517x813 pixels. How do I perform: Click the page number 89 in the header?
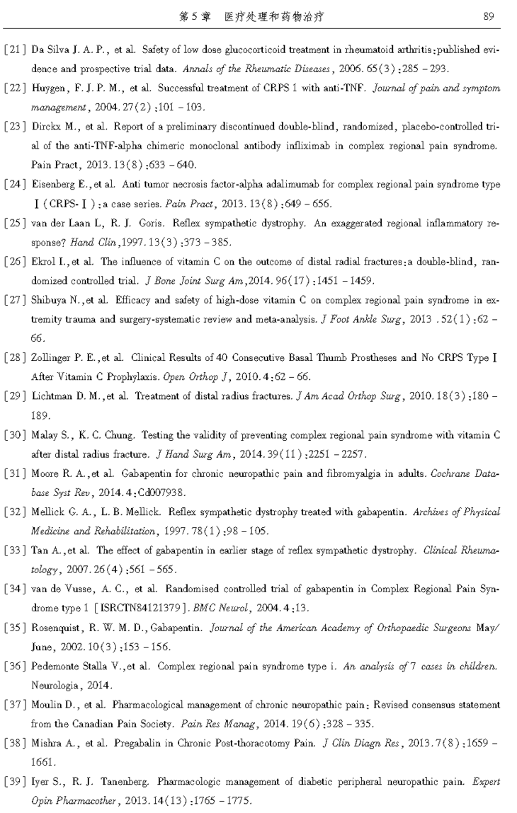[x=489, y=16]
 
